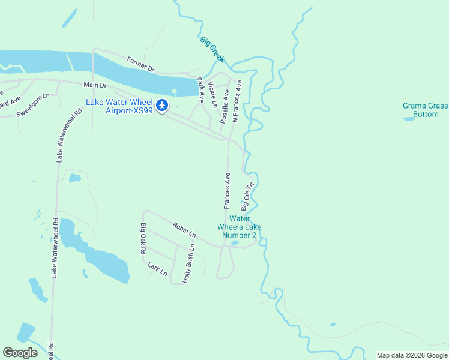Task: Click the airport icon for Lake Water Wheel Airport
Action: click(x=162, y=106)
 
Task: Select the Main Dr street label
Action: click(x=94, y=85)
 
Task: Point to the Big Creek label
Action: click(x=212, y=49)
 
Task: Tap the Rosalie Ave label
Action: click(x=224, y=106)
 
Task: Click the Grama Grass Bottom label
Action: click(x=425, y=110)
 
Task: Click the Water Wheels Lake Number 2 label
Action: click(x=239, y=227)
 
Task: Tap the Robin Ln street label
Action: click(x=184, y=229)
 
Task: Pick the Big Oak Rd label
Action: click(x=143, y=239)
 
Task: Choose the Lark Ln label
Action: click(x=157, y=268)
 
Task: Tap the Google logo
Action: click(x=20, y=353)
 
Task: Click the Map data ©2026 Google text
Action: click(x=412, y=355)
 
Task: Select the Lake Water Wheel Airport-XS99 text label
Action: click(x=120, y=106)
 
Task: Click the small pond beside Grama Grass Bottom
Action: click(x=409, y=119)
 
